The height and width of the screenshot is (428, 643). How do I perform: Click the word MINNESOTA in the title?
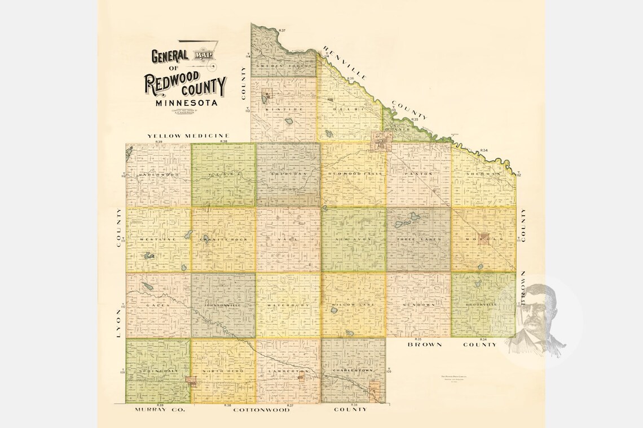pyautogui.click(x=184, y=103)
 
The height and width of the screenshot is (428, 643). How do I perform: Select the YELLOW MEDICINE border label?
pyautogui.click(x=188, y=136)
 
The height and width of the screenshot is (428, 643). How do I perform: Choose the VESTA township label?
pyautogui.click(x=223, y=175)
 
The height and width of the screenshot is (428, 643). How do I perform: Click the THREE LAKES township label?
pyautogui.click(x=419, y=239)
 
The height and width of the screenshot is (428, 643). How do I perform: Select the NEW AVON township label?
pyautogui.click(x=353, y=239)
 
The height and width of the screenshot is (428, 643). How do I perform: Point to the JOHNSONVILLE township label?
pyautogui.click(x=223, y=305)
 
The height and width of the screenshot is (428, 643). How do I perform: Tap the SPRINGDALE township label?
pyautogui.click(x=158, y=372)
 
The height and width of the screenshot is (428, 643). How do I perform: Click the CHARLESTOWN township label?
pyautogui.click(x=353, y=371)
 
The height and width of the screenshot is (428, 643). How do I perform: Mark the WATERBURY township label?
pyautogui.click(x=288, y=305)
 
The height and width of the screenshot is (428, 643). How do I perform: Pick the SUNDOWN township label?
pyautogui.click(x=419, y=305)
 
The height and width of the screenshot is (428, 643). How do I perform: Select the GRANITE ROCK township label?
pyautogui.click(x=223, y=239)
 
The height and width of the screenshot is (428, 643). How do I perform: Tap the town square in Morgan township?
pyautogui.click(x=483, y=237)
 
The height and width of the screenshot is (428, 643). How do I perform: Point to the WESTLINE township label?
pyautogui.click(x=158, y=239)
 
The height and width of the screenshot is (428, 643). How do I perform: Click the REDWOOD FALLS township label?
pyautogui.click(x=353, y=174)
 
